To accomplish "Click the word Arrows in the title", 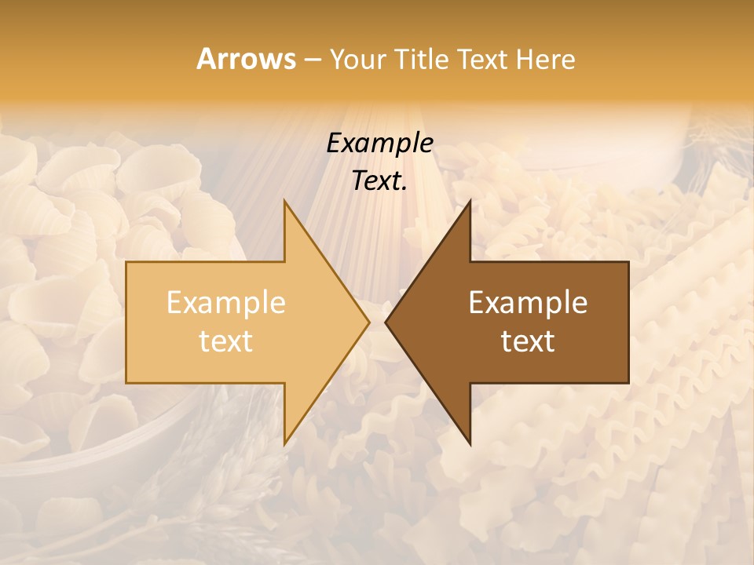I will tap(246, 59).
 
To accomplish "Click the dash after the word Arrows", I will tap(312, 60).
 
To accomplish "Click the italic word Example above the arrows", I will tap(379, 144).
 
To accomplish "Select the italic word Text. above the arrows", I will tap(379, 181).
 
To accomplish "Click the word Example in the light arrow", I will tap(226, 303).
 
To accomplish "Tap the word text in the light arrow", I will tap(226, 341).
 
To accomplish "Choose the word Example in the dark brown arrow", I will tap(528, 303).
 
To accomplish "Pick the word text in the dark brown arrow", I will tap(528, 341).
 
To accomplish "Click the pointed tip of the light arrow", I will tap(368, 322).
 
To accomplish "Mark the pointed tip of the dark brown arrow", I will tap(386, 322).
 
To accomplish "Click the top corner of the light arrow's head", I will tap(284, 200).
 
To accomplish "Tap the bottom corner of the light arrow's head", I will tap(284, 444).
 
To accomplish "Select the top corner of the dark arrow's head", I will tap(470, 200).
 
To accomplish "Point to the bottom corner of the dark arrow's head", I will tap(470, 444).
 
